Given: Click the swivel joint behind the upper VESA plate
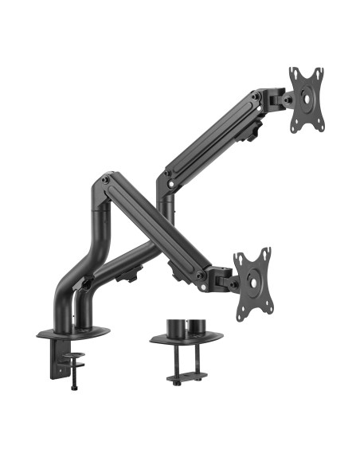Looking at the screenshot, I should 279,100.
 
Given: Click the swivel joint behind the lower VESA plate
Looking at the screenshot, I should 225,278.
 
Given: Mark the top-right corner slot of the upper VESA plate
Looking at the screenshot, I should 319,72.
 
